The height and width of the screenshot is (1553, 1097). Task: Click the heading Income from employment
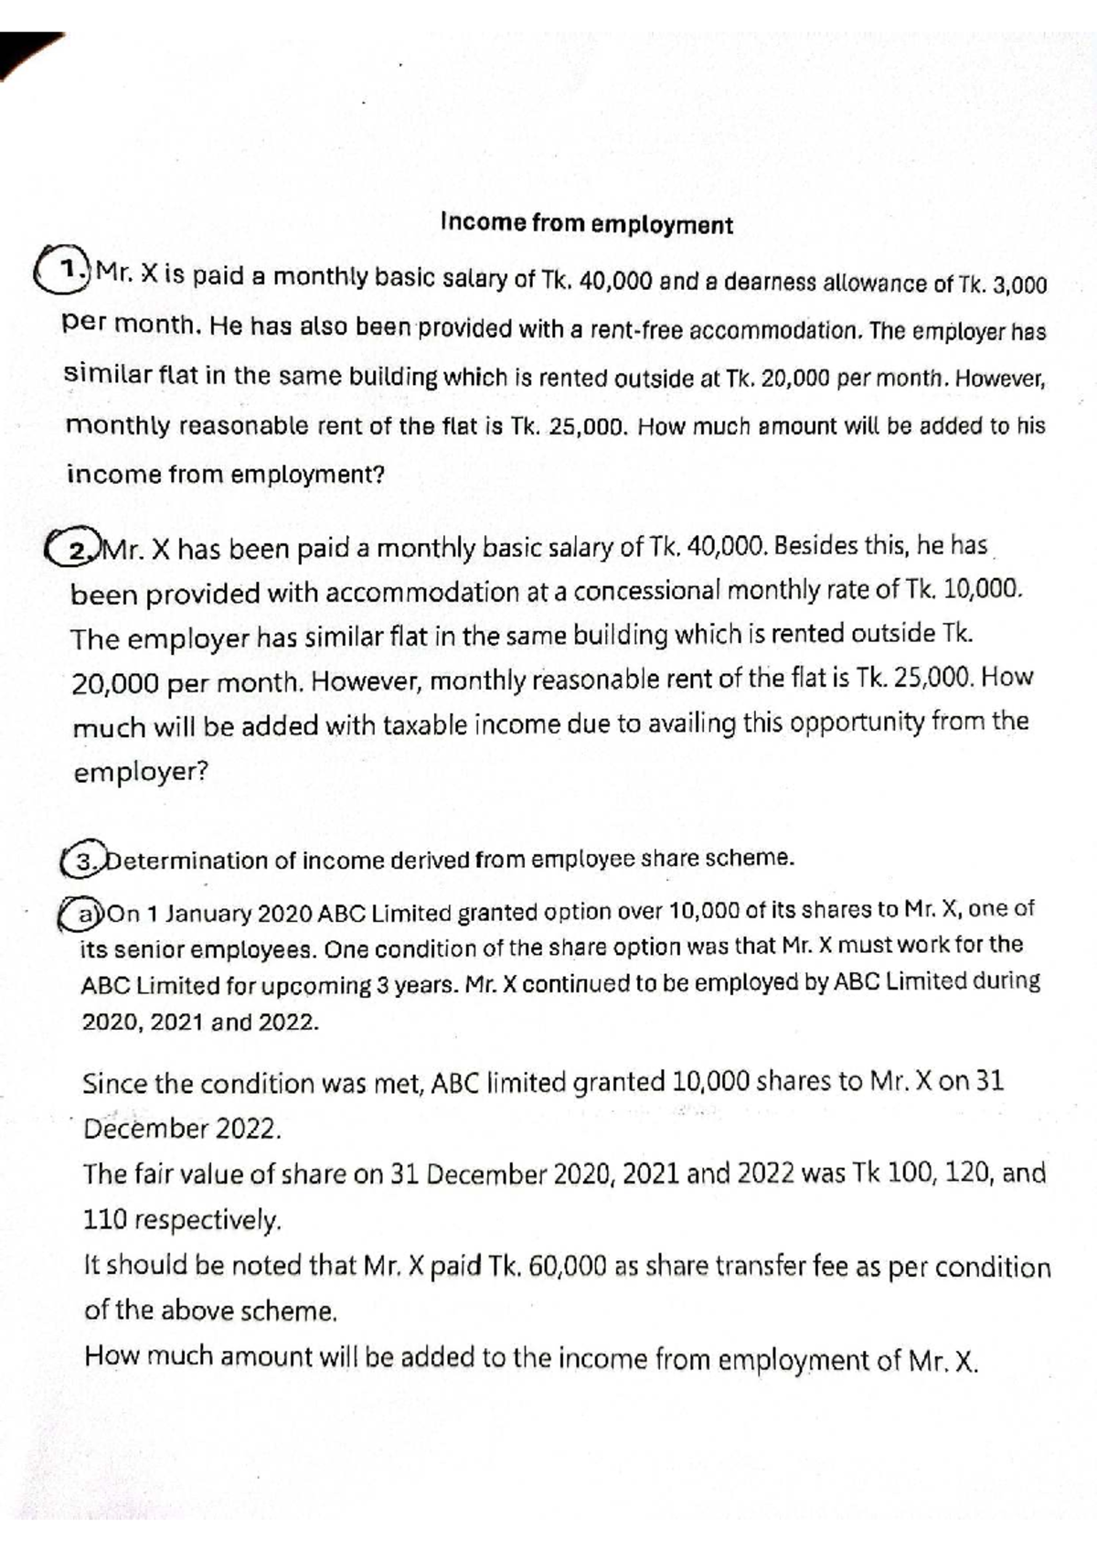coord(586,224)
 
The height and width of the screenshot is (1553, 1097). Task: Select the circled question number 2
coord(80,550)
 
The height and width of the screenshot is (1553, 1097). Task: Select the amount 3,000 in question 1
coord(1018,284)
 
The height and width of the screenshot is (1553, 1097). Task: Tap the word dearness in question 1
coord(776,283)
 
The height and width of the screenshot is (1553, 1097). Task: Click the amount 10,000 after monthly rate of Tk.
coord(982,588)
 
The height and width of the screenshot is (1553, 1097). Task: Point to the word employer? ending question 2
coord(141,772)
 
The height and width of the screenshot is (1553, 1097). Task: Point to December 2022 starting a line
coord(182,1129)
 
